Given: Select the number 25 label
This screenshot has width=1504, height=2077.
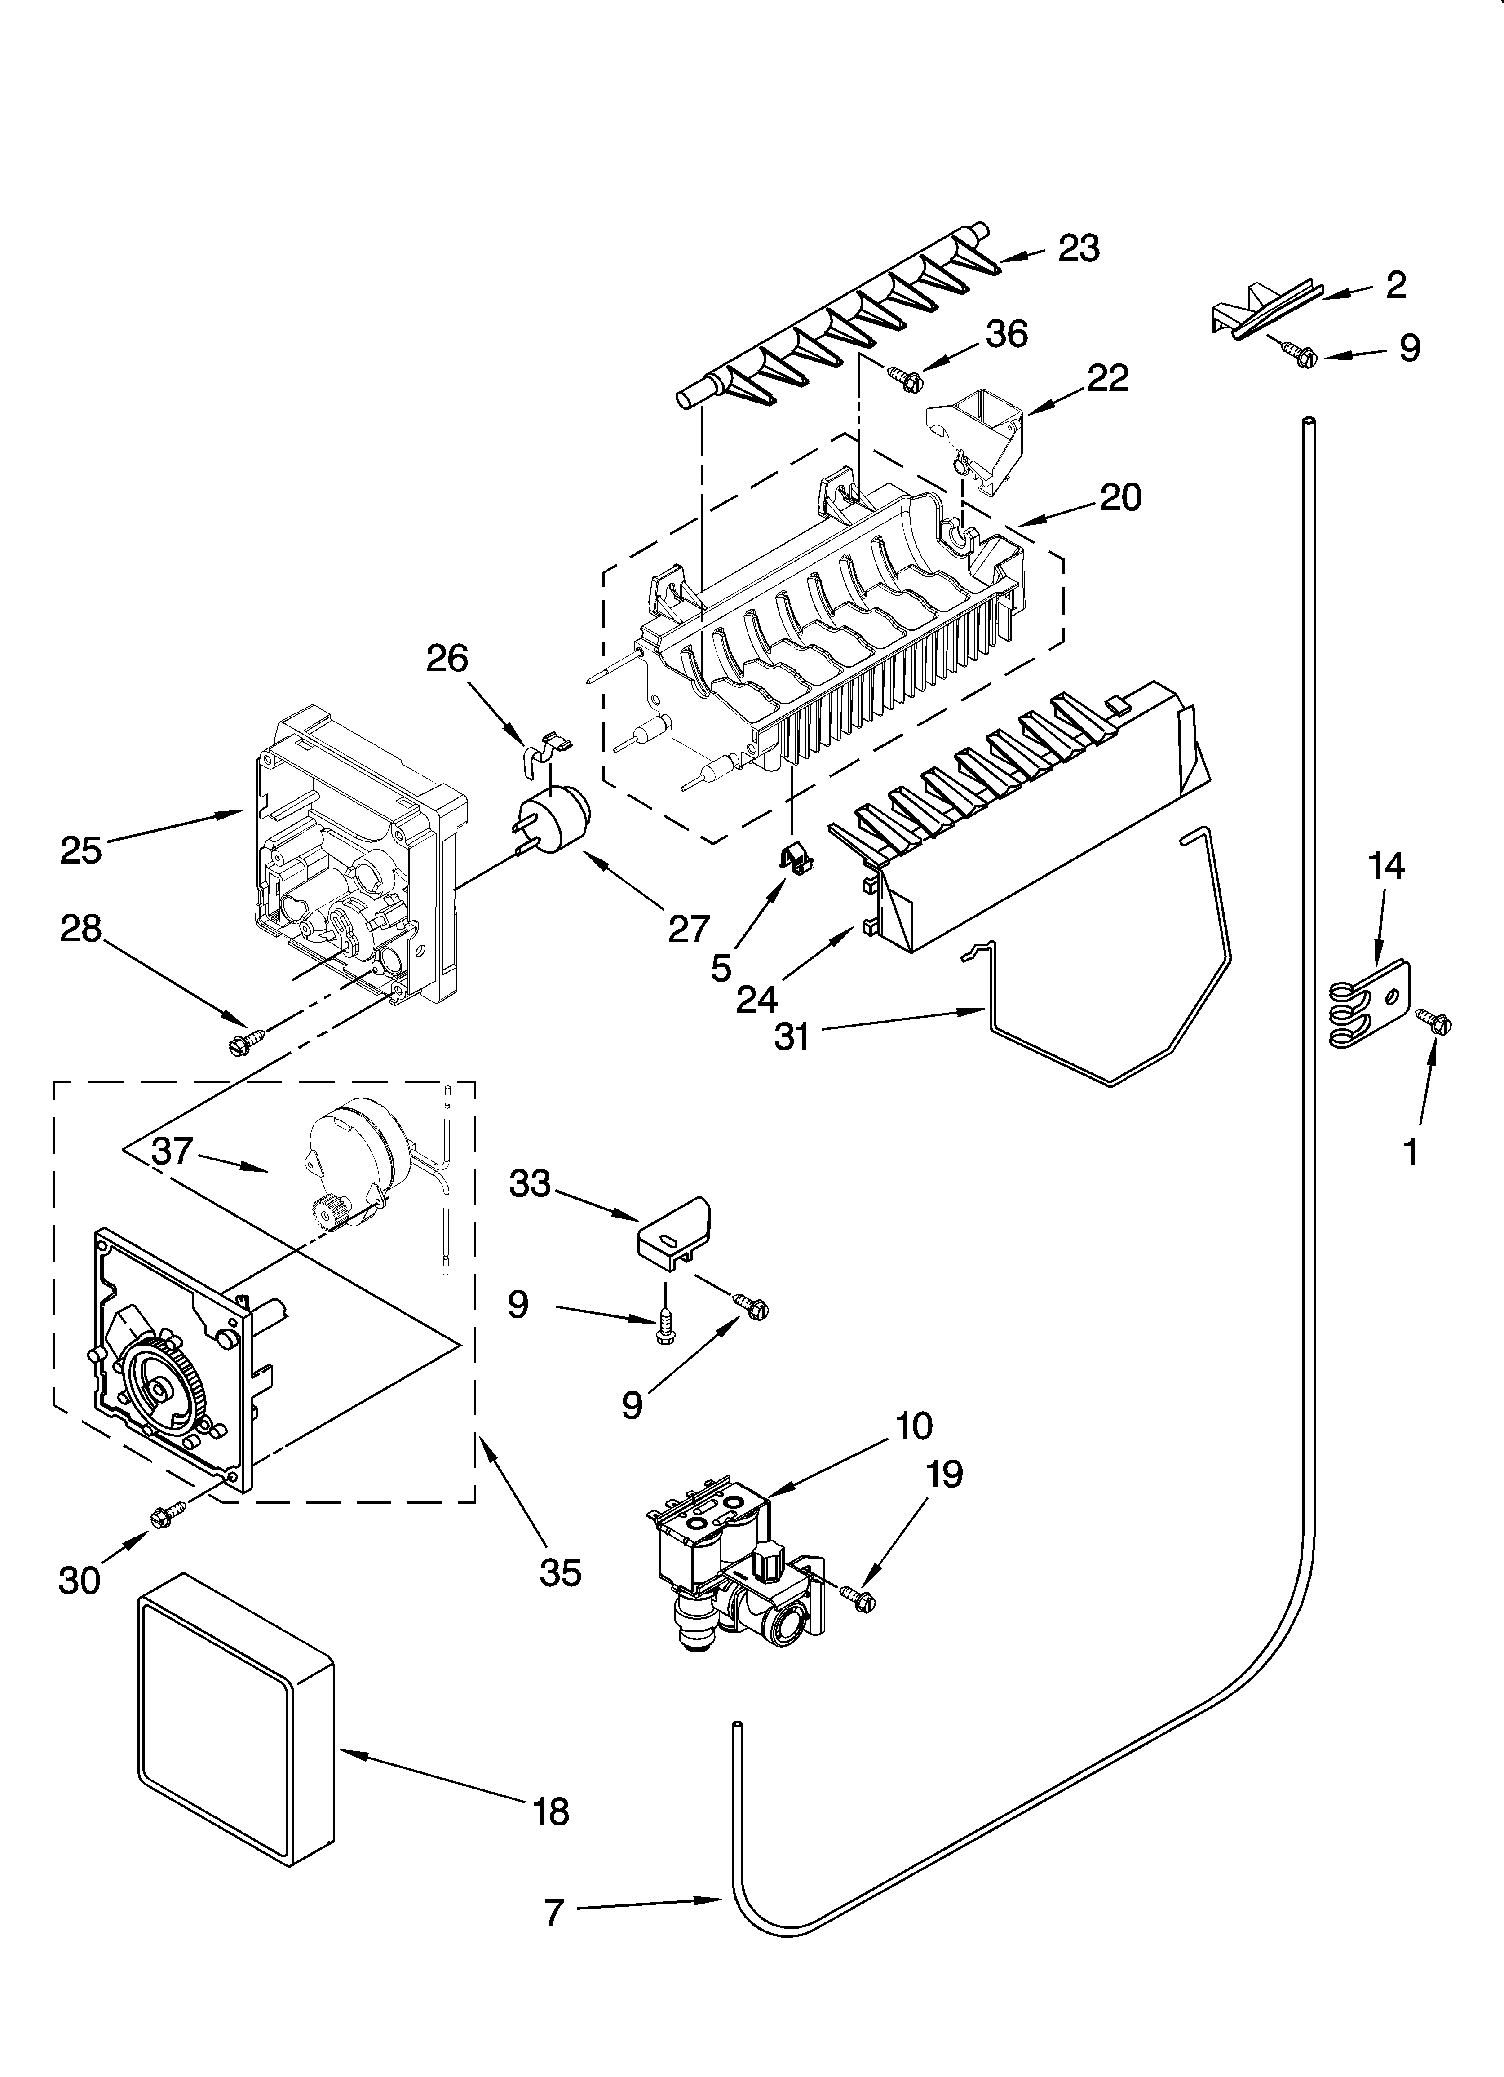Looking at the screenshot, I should click(80, 850).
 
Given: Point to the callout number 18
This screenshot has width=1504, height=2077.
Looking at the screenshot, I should click(550, 1811).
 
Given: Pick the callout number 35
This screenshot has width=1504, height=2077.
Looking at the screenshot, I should click(560, 1572).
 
